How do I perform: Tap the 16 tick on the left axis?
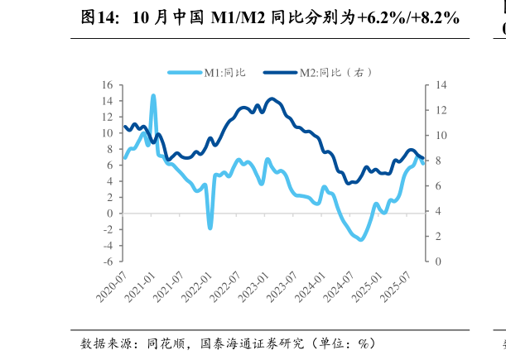click(x=107, y=84)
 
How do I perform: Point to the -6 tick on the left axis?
click(x=108, y=262)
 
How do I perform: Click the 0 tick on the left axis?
click(x=109, y=214)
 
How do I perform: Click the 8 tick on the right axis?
click(x=436, y=161)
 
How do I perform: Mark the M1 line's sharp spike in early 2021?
click(x=153, y=97)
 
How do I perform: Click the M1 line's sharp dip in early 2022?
click(x=210, y=227)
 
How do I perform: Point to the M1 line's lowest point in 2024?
click(x=361, y=240)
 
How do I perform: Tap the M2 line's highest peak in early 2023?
click(x=272, y=99)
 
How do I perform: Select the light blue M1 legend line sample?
click(x=184, y=73)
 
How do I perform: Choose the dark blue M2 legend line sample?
click(x=280, y=73)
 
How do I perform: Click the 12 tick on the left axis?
click(x=107, y=117)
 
